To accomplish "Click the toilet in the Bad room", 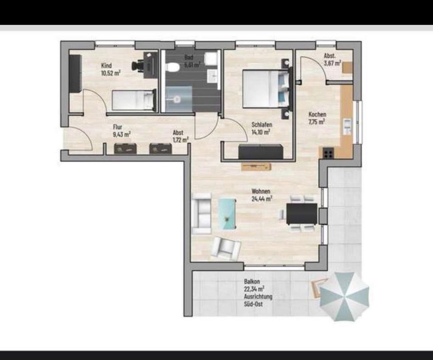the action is coord(173,67).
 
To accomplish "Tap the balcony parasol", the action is coord(344,296).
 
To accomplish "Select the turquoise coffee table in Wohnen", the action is coord(227,214).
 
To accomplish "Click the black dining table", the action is coord(302,214).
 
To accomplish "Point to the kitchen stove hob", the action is coord(328,153).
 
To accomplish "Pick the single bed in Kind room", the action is coord(134,100).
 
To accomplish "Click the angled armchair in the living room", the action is coord(226,248).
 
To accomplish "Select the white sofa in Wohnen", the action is coord(201,214).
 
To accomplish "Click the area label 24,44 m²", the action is coord(262,198).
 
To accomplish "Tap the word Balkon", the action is coord(252,282).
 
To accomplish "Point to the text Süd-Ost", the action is coord(253,304).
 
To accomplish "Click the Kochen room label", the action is coord(317,114).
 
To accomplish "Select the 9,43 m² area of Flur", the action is coord(122,134).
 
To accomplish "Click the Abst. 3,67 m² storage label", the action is coord(332,59).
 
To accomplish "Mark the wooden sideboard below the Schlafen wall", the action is coord(256,167).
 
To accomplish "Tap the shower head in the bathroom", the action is coord(177,99).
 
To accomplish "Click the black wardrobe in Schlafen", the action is coord(261,151).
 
